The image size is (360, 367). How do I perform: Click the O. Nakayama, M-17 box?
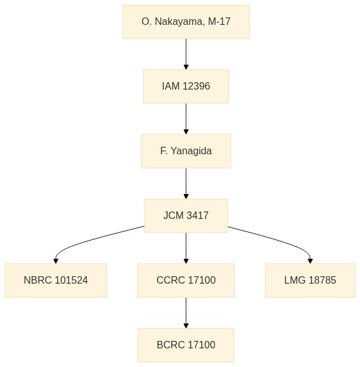click(186, 22)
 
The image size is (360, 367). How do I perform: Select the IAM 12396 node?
click(186, 86)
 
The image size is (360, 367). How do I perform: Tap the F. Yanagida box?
click(186, 151)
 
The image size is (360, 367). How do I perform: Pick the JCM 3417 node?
click(186, 216)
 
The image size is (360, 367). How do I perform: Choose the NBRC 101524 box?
click(56, 281)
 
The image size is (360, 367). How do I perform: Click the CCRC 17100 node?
click(186, 281)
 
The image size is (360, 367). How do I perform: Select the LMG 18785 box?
click(310, 281)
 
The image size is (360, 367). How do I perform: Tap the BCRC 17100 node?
click(186, 345)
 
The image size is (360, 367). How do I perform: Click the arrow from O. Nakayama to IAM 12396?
click(186, 54)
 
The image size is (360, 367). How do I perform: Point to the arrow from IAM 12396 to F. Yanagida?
click(186, 119)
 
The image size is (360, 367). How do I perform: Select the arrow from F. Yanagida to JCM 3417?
click(186, 183)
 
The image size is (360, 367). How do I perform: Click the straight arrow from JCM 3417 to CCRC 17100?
click(186, 248)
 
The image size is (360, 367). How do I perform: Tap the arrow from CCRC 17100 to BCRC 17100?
click(186, 313)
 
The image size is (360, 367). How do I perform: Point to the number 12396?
click(196, 86)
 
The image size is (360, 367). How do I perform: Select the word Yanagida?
click(191, 151)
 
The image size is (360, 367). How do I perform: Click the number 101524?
click(71, 280)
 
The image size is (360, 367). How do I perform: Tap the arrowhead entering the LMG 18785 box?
click(310, 261)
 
